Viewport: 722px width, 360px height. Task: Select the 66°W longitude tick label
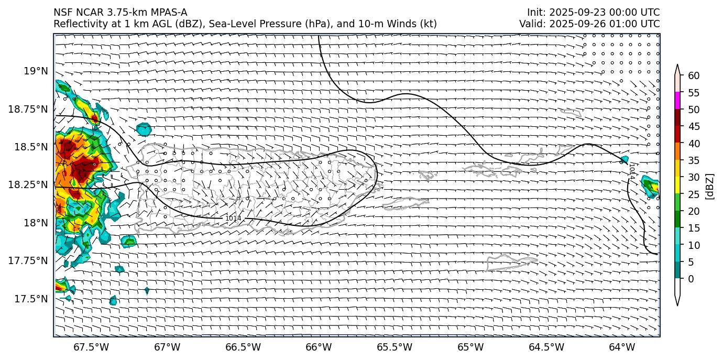(x=319, y=347)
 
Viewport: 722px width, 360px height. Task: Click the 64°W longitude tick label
(x=622, y=347)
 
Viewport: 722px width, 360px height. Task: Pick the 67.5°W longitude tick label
(x=91, y=347)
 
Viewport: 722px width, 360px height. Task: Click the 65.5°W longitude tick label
(x=395, y=347)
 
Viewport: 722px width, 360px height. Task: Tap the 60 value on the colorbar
(x=694, y=76)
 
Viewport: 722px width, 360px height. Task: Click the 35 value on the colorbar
(x=694, y=160)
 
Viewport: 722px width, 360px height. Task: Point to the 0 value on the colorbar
(x=691, y=279)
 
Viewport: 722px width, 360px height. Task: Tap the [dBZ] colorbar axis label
(x=710, y=186)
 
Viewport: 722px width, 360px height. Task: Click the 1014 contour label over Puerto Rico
(x=233, y=218)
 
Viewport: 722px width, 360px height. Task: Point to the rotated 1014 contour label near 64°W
(x=632, y=171)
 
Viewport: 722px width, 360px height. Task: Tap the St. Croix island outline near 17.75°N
(x=511, y=260)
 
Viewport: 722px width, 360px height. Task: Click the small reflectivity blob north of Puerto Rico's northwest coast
(x=144, y=129)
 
